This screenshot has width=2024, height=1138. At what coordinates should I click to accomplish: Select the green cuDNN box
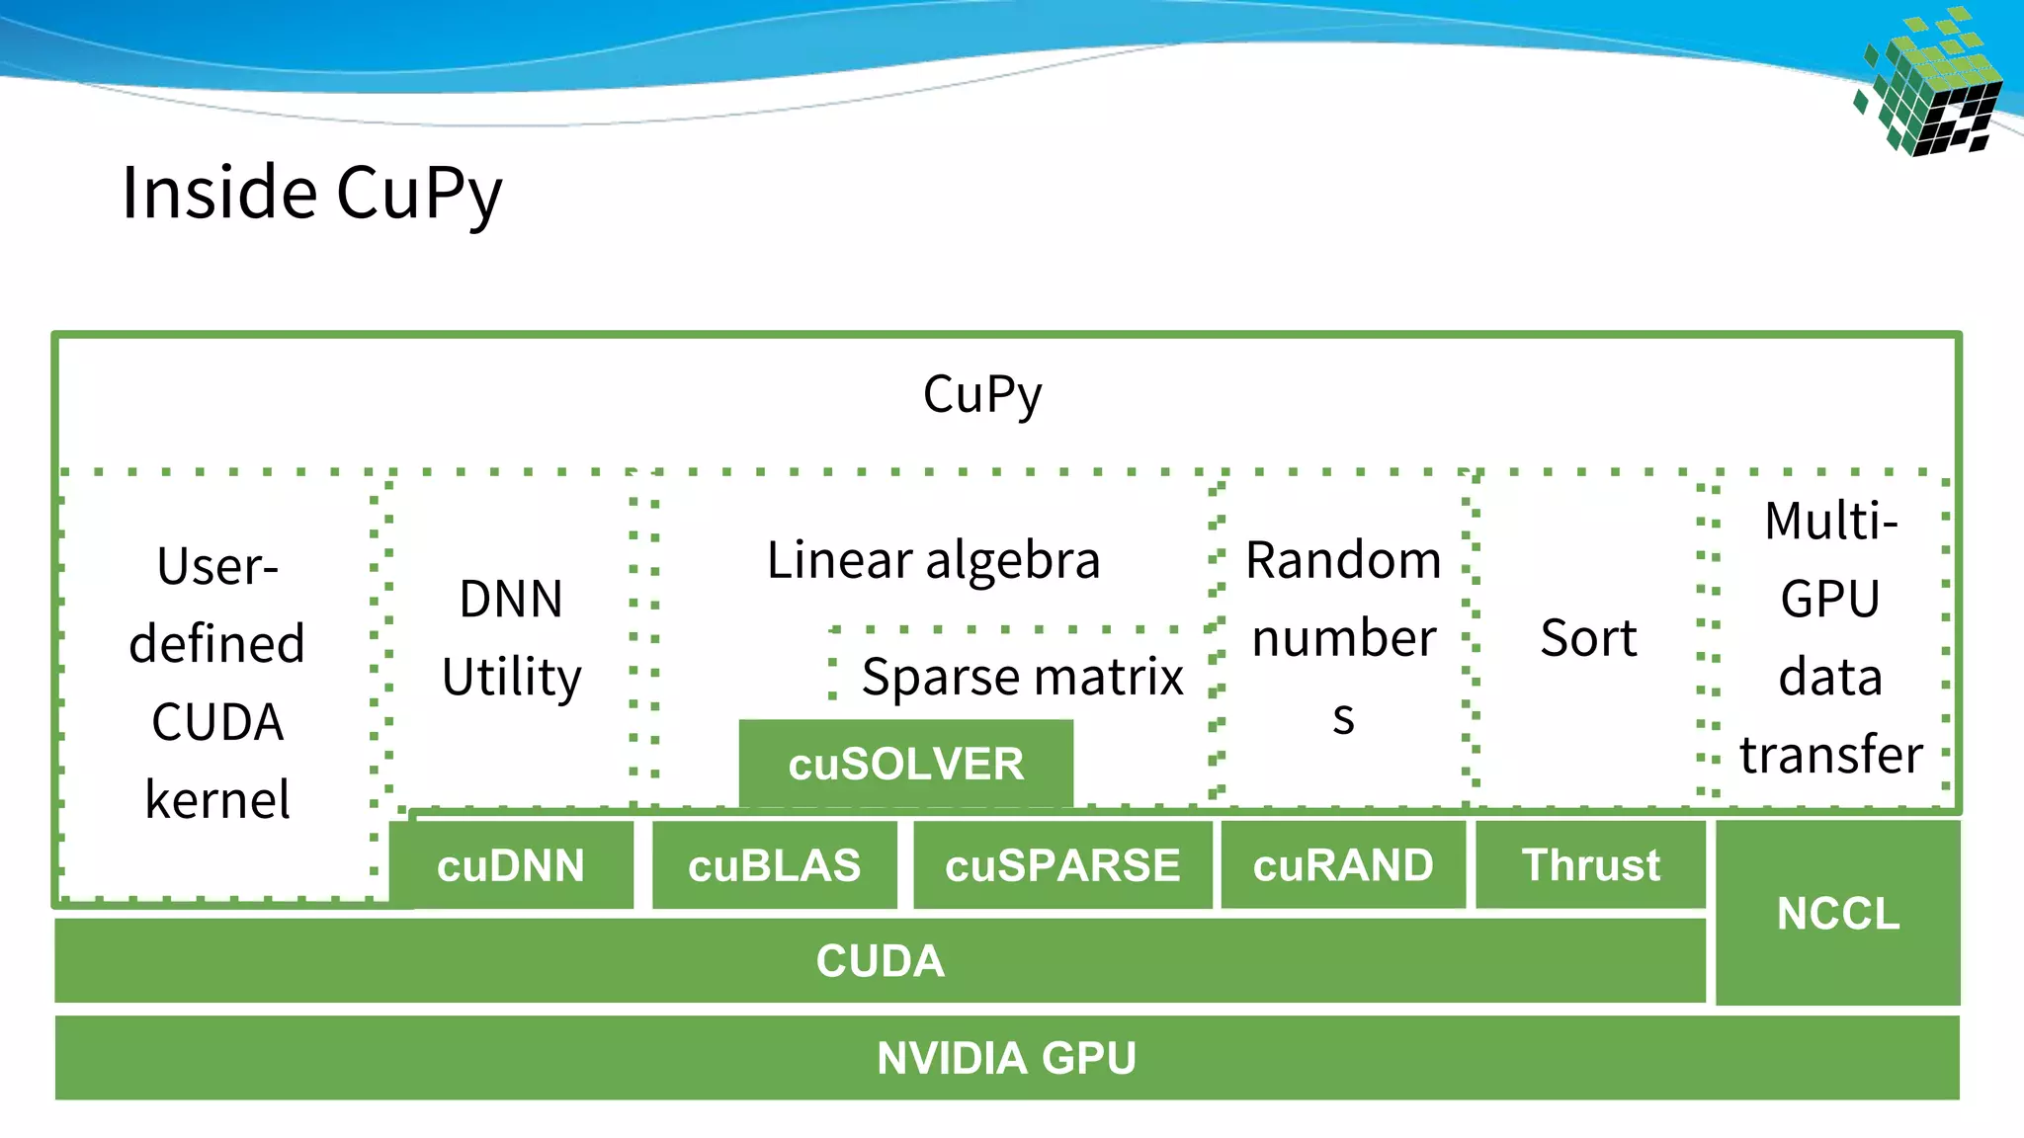coord(511,865)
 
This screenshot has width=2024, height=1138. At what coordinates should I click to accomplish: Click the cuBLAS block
coord(774,865)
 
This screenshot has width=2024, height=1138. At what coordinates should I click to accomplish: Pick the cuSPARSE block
coord(1062,865)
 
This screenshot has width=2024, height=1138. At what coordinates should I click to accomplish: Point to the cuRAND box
coord(1343,865)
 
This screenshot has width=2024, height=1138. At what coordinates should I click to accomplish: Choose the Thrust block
coord(1590,865)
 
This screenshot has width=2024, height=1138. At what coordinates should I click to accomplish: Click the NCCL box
coord(1837,913)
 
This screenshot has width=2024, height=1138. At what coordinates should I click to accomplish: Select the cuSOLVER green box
coord(905,764)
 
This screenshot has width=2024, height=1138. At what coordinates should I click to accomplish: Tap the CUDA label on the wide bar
coord(880,961)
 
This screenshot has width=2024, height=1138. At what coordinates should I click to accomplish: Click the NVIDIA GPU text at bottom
coord(1006,1058)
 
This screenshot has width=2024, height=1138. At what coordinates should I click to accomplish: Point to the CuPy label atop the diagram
coord(981,394)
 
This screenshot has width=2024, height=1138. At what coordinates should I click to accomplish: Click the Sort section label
coord(1588,638)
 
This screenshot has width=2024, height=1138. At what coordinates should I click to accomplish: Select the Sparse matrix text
coord(1022,678)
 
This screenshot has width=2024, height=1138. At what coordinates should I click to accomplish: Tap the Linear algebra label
coord(933,560)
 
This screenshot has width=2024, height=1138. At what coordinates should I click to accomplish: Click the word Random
coord(1343,560)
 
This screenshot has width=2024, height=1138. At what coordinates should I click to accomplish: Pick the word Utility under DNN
coord(511,678)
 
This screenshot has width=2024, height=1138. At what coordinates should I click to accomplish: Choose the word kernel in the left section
coord(217,799)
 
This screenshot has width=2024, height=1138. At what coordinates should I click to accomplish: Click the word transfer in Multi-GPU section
coord(1830,755)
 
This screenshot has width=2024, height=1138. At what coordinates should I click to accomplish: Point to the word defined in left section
coord(216,644)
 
